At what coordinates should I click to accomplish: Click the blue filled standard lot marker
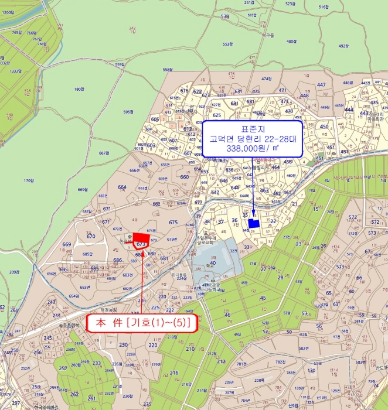click(x=254, y=223)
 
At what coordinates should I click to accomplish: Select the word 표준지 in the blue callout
click(x=253, y=128)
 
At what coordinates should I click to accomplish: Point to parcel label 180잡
click(x=80, y=89)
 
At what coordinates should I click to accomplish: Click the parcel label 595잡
click(x=130, y=111)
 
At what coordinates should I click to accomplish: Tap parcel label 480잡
click(x=292, y=41)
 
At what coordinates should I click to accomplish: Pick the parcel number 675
click(x=173, y=222)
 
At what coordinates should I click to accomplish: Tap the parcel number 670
click(x=91, y=236)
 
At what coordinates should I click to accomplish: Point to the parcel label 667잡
click(x=104, y=153)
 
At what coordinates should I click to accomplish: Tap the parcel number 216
click(x=174, y=373)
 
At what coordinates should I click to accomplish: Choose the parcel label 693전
click(x=85, y=288)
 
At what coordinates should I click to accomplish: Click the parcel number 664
click(x=122, y=187)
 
